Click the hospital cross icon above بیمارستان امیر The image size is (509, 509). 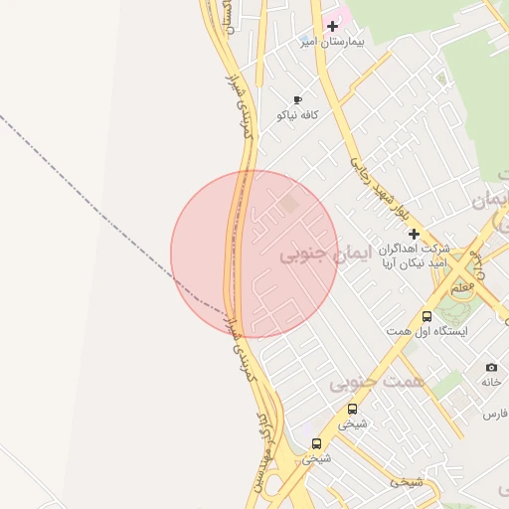332,26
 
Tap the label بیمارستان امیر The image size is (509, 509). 334,43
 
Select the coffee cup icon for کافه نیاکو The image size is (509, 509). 297,99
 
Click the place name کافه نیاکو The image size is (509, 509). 296,115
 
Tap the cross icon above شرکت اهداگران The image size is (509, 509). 415,234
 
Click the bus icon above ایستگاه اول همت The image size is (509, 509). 426,316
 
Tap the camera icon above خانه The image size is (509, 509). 491,367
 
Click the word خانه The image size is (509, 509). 491,382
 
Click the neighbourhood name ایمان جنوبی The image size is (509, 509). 324,254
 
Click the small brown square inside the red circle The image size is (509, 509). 288,204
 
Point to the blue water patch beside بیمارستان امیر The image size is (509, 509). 307,42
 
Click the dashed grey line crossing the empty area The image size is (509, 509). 99,199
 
